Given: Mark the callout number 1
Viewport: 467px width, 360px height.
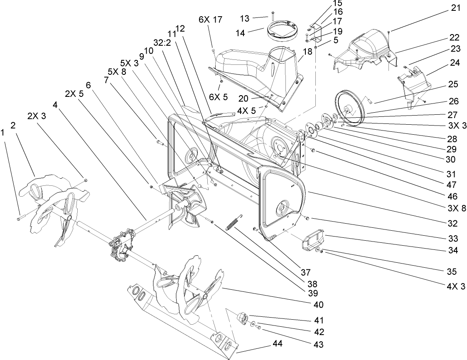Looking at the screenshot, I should pos(4,133).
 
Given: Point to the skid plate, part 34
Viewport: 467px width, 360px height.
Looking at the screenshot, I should pos(312,242).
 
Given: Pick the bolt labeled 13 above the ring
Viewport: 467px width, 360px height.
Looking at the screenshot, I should pos(271,16).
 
